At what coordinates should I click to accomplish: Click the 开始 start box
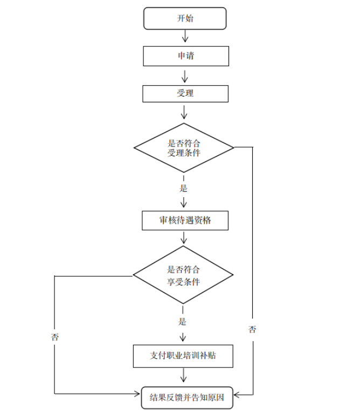(x=185, y=18)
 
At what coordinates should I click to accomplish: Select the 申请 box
(x=185, y=56)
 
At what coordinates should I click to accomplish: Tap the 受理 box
(x=185, y=93)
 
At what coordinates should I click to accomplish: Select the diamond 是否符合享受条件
(x=184, y=275)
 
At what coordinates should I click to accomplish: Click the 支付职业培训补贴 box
(x=183, y=356)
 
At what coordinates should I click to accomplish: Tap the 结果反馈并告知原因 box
(x=186, y=399)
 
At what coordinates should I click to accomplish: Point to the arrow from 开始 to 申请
(x=185, y=37)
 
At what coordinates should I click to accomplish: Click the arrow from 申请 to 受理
(x=185, y=74)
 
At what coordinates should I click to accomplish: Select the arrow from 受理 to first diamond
(x=184, y=112)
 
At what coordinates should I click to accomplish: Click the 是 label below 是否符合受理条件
(x=184, y=188)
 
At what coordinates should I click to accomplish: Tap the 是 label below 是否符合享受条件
(x=183, y=322)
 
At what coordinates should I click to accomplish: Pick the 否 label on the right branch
(x=252, y=330)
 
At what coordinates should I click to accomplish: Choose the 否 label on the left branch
(x=55, y=337)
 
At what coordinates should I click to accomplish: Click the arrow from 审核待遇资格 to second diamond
(x=184, y=238)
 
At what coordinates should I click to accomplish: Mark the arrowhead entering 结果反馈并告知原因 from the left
(x=137, y=394)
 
